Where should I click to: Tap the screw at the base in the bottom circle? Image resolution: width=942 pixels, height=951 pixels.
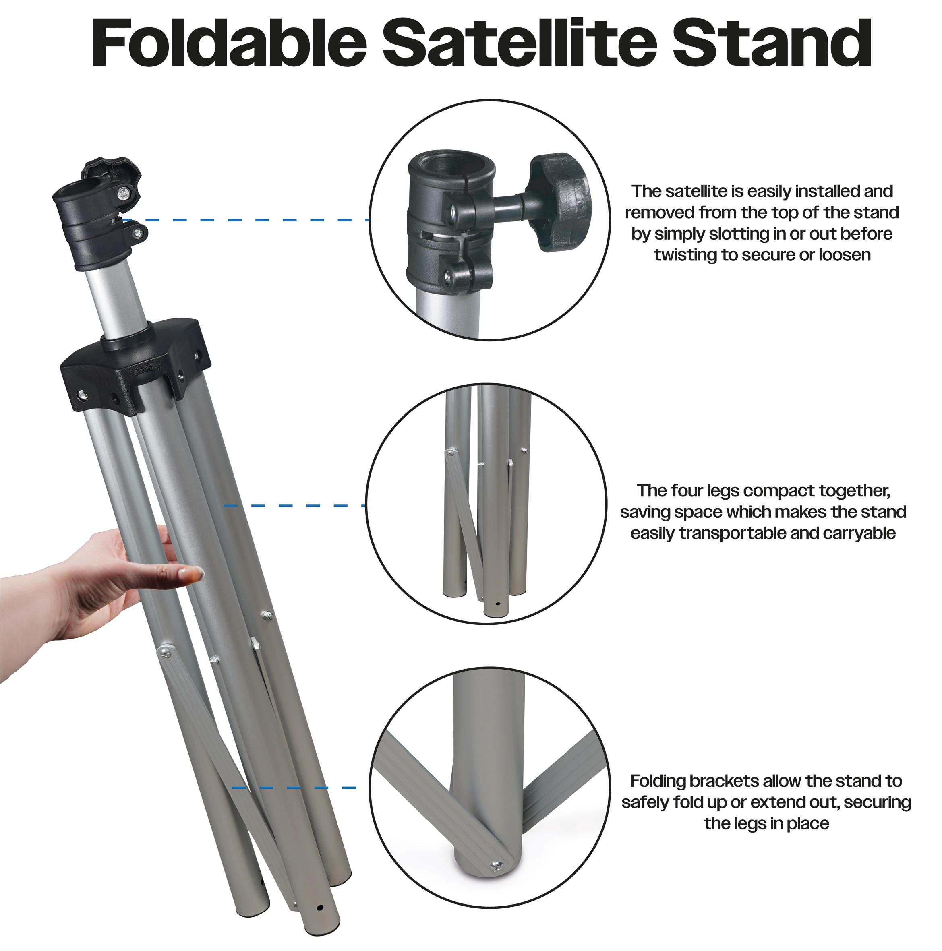click(496, 865)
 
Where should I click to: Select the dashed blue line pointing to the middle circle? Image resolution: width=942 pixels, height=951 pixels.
click(295, 506)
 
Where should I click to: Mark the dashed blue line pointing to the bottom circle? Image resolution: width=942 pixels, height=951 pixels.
click(294, 788)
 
